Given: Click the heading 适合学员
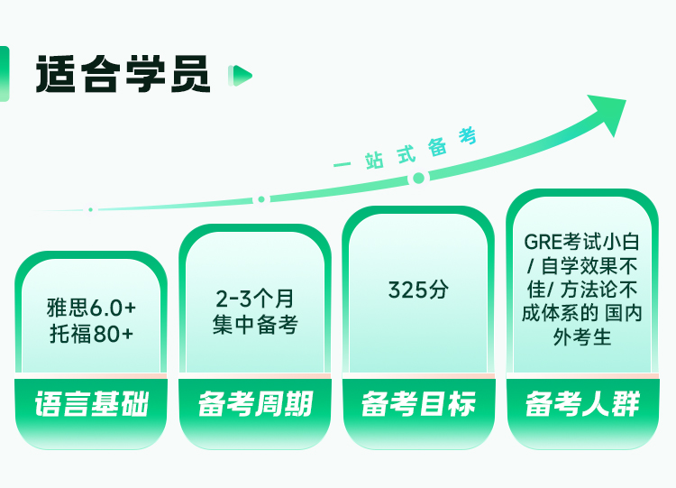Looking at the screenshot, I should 123,74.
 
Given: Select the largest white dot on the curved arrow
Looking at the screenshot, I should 418,179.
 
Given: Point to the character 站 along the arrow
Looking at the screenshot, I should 375,160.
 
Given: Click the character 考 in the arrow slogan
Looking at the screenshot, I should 467,137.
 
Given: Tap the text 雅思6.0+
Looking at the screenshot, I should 91,308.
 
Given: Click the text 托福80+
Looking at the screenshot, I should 91,333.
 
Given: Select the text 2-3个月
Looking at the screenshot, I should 255,299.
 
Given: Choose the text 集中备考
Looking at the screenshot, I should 255,324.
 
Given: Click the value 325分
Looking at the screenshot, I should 418,290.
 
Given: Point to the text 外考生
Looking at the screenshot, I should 582,338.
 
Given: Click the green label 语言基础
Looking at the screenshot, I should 91,404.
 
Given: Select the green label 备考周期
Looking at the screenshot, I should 255,404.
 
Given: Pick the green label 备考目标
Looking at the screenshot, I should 418,404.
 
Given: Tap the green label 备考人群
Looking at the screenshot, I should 582,404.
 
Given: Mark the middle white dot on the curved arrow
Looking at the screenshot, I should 261,199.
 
